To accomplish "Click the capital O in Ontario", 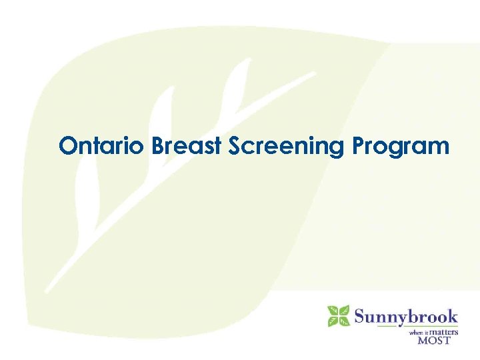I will click(67, 146).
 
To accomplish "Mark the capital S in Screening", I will click(235, 146).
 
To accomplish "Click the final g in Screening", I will click(341, 149).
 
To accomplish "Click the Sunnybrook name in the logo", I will click(406, 315).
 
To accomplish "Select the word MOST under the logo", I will click(434, 340).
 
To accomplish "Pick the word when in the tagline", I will click(416, 331).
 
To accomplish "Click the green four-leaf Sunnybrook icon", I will click(339, 316).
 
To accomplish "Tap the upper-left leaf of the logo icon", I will click(333, 311).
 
